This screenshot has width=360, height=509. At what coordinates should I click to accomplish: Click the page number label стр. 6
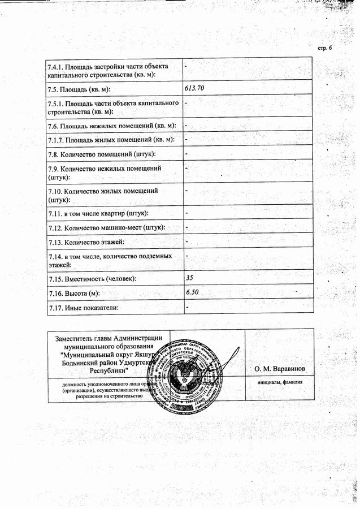click(x=325, y=47)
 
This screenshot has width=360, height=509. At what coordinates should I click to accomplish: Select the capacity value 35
click(x=189, y=278)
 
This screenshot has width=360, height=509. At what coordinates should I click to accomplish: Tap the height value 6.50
click(x=192, y=292)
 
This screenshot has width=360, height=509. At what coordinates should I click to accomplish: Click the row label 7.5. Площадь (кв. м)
click(x=79, y=89)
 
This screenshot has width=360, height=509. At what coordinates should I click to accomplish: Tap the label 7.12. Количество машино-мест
click(x=107, y=228)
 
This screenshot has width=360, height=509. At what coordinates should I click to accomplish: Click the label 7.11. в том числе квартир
click(x=98, y=213)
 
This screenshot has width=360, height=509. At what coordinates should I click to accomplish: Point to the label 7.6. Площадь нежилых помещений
click(x=112, y=125)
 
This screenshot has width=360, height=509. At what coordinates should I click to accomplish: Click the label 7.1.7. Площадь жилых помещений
click(x=111, y=139)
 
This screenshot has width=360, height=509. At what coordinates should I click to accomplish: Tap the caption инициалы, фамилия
click(x=279, y=382)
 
